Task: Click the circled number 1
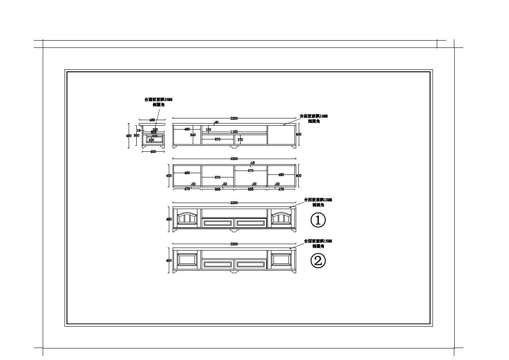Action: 318,220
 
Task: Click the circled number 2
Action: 318,260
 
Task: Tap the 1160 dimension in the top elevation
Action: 234,132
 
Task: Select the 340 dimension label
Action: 193,135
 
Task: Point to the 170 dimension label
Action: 240,140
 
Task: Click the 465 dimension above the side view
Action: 152,120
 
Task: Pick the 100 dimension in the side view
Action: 151,140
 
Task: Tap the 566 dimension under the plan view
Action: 218,189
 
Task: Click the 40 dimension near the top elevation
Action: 217,123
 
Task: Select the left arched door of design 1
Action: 187,218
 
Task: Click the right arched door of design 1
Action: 281,218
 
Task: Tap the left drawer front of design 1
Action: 218,223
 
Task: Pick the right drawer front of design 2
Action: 250,265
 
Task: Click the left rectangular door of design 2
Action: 187,259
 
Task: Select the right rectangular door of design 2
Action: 281,259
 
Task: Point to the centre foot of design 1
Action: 234,231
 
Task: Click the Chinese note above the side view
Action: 159,102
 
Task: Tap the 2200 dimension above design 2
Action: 234,244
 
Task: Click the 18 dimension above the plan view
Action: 253,163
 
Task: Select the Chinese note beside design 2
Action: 318,244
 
